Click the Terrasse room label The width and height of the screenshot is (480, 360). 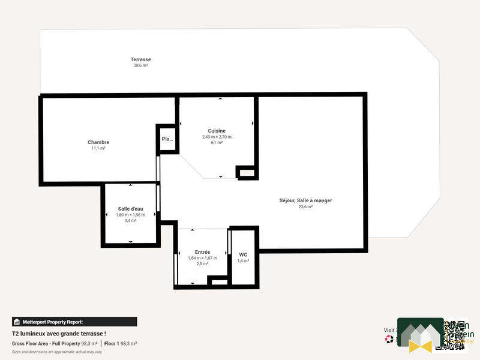(140, 59)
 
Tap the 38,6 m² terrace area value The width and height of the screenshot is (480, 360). (140, 65)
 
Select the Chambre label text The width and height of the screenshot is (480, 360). (98, 142)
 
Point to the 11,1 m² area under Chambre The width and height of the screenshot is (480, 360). (98, 148)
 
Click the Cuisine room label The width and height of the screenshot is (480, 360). (217, 131)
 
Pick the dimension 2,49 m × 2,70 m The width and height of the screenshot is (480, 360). (217, 137)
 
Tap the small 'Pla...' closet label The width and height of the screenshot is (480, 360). (167, 139)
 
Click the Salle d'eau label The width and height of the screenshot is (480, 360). (130, 209)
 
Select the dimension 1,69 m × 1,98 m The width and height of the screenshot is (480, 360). (130, 215)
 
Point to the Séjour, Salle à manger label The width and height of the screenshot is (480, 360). (305, 200)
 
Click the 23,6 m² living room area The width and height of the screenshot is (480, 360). (305, 207)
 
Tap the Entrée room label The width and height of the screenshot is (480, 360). (202, 252)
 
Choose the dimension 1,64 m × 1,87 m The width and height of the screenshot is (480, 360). (202, 258)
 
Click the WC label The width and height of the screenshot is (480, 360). (243, 254)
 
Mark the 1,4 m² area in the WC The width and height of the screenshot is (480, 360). (243, 261)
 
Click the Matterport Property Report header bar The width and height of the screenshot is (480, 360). (74, 322)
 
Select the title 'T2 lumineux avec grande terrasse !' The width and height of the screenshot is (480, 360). (59, 334)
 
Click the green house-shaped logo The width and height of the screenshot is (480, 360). (420, 335)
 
